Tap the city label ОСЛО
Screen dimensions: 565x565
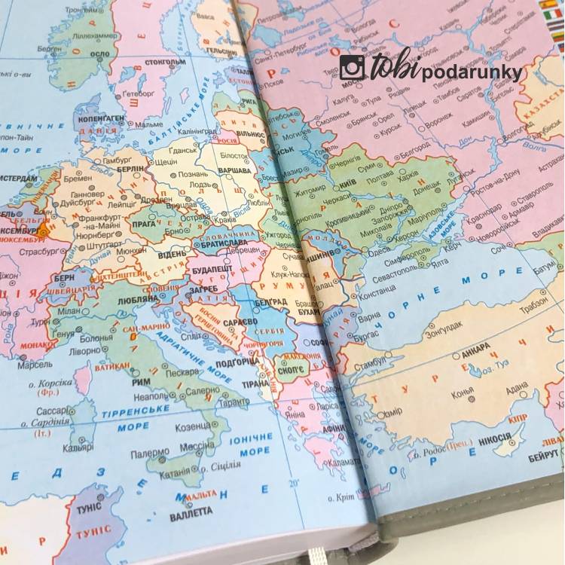click(x=99, y=54)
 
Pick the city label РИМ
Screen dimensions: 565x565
click(x=141, y=381)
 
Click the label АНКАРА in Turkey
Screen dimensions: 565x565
click(x=475, y=350)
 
